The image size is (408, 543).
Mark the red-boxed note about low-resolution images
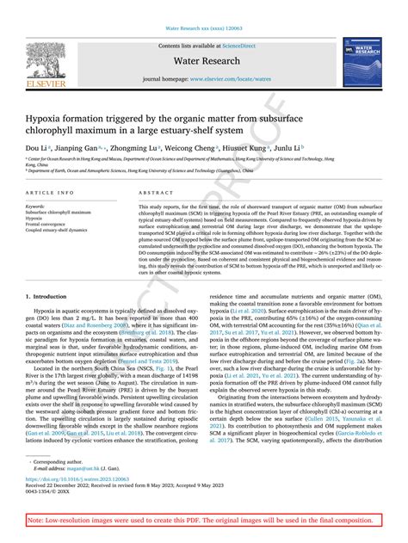tap(204, 521)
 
